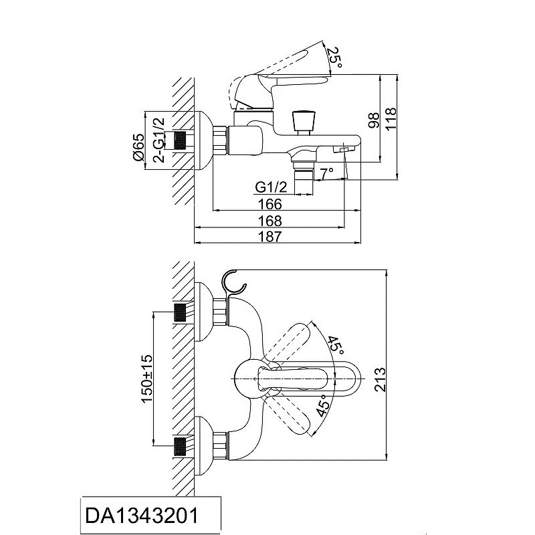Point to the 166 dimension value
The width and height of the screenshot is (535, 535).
[270, 204]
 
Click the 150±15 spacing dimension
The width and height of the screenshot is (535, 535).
[149, 378]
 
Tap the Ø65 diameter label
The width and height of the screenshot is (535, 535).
[139, 146]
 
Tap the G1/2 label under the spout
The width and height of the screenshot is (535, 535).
[272, 187]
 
